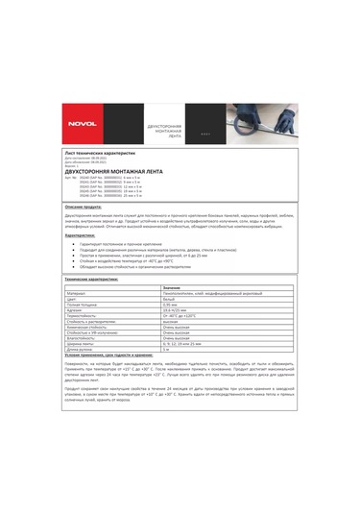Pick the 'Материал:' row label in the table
[78, 293]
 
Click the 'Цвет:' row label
[73, 299]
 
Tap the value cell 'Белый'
[170, 299]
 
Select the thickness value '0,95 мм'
[172, 305]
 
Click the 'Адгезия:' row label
[76, 310]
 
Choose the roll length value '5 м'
[167, 350]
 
